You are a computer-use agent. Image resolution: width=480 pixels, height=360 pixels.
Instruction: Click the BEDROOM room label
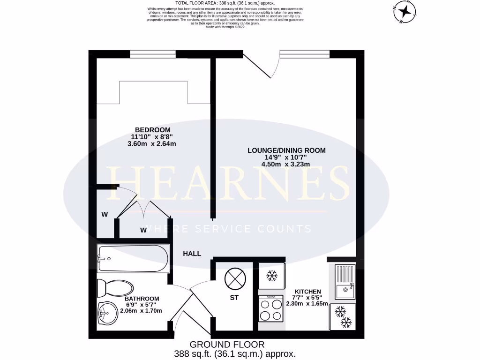coord(153,130)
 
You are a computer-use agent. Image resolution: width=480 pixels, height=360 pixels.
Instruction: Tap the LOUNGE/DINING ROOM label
coord(286,150)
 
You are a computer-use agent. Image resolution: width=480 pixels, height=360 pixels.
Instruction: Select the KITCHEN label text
coord(308,291)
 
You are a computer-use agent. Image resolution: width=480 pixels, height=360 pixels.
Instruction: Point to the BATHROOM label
coord(142,299)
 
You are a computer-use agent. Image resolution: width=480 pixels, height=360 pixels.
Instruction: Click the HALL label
coord(192,254)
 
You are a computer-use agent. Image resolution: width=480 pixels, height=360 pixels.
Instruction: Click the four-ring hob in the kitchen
coord(271,308)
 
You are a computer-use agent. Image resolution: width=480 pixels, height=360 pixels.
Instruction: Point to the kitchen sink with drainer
coord(345,282)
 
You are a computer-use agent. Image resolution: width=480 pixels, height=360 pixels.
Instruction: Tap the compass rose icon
coord(405,12)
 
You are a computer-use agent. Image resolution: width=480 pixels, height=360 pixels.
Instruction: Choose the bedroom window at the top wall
coord(153,54)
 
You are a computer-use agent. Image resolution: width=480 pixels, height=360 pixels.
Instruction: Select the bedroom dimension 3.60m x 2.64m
coord(152,144)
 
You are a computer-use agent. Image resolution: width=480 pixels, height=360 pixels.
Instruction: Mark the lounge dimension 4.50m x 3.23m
coord(286,164)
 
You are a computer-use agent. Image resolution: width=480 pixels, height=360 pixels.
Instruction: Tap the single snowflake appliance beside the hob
coord(271,276)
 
